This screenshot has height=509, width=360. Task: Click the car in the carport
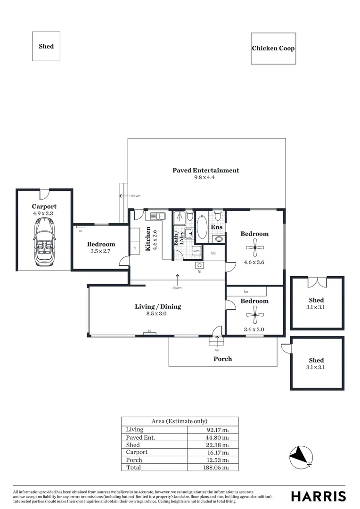pyautogui.click(x=44, y=241)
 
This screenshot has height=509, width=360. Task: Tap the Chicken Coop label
pyautogui.click(x=273, y=49)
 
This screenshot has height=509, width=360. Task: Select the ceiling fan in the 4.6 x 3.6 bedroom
pyautogui.click(x=255, y=247)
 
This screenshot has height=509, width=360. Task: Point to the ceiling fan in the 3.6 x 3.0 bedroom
pyautogui.click(x=255, y=314)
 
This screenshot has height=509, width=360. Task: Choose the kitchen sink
pyautogui.click(x=158, y=216)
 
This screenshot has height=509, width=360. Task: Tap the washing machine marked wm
pyautogui.click(x=196, y=251)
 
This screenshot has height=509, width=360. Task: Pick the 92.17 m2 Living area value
pyautogui.click(x=218, y=430)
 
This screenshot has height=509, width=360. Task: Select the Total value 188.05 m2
pyautogui.click(x=216, y=468)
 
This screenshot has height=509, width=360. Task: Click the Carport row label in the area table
pyautogui.click(x=137, y=452)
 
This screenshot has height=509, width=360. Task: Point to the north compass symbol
pyautogui.click(x=301, y=457)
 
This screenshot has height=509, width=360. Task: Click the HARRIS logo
pyautogui.click(x=319, y=496)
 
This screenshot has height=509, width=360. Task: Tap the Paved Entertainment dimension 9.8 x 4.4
pyautogui.click(x=204, y=178)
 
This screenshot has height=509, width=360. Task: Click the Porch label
pyautogui.click(x=223, y=359)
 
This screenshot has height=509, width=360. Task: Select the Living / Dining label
pyautogui.click(x=158, y=306)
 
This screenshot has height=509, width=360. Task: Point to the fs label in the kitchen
pyautogui.click(x=135, y=248)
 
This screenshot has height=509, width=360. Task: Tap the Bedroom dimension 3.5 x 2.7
pyautogui.click(x=100, y=251)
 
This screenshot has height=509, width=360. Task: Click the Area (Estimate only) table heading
pyautogui.click(x=179, y=421)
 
